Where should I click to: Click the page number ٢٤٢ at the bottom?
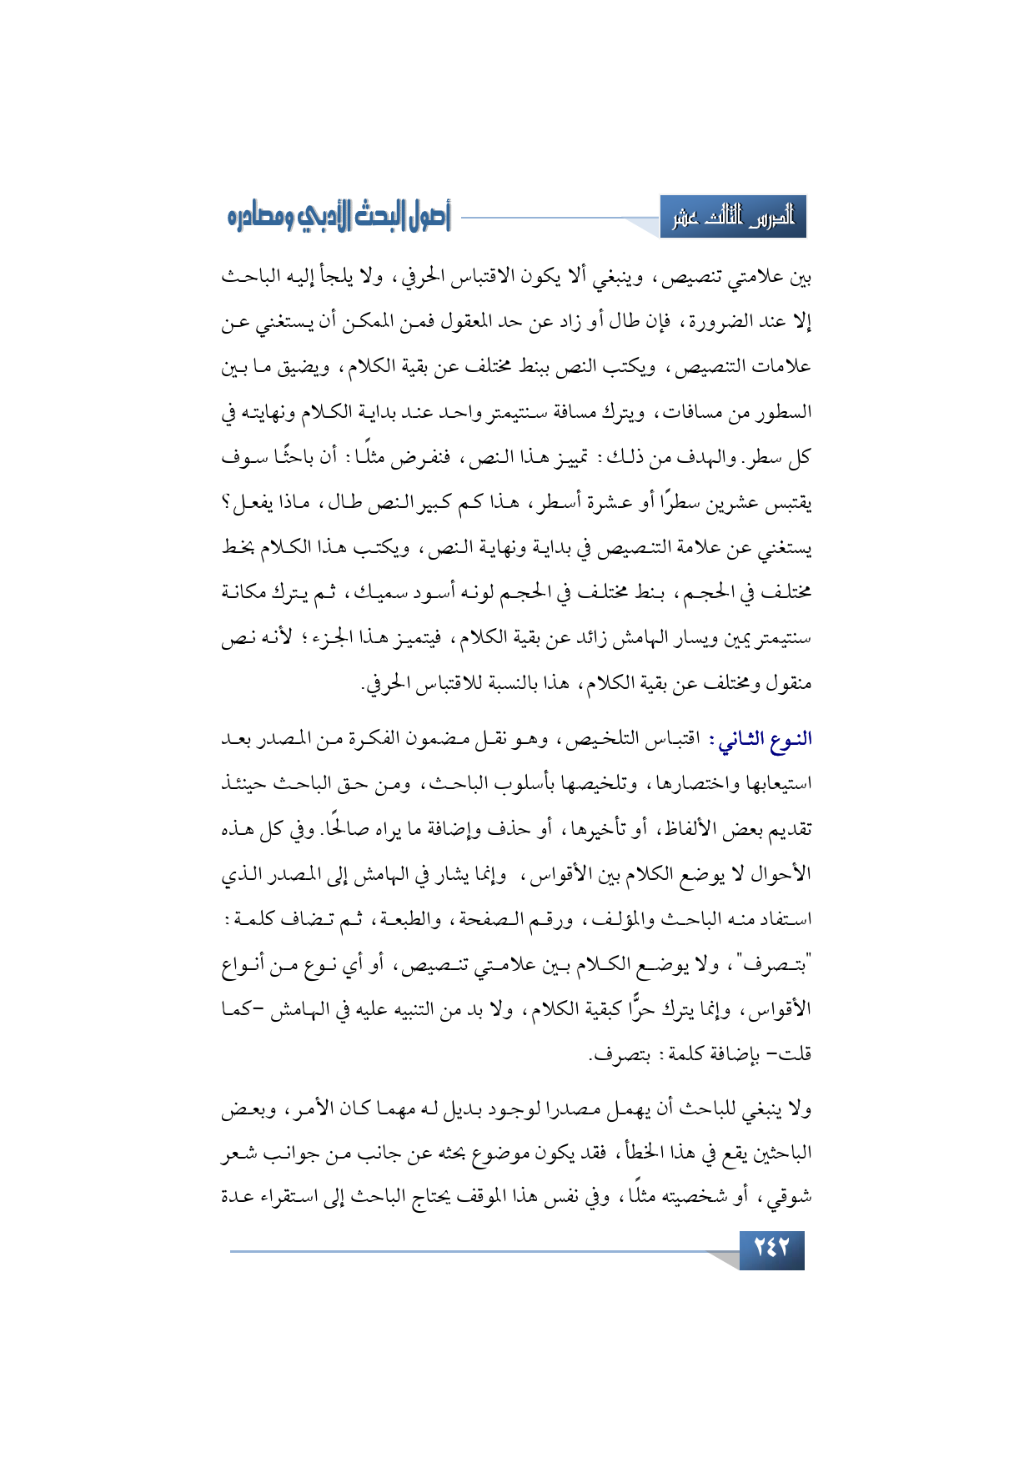coord(770,1249)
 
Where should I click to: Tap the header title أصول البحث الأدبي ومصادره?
coord(339,218)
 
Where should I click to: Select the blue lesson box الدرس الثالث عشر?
coord(733,219)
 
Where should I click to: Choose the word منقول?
coord(788,684)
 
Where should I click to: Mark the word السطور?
coord(786,413)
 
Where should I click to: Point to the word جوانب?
coord(292,1153)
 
